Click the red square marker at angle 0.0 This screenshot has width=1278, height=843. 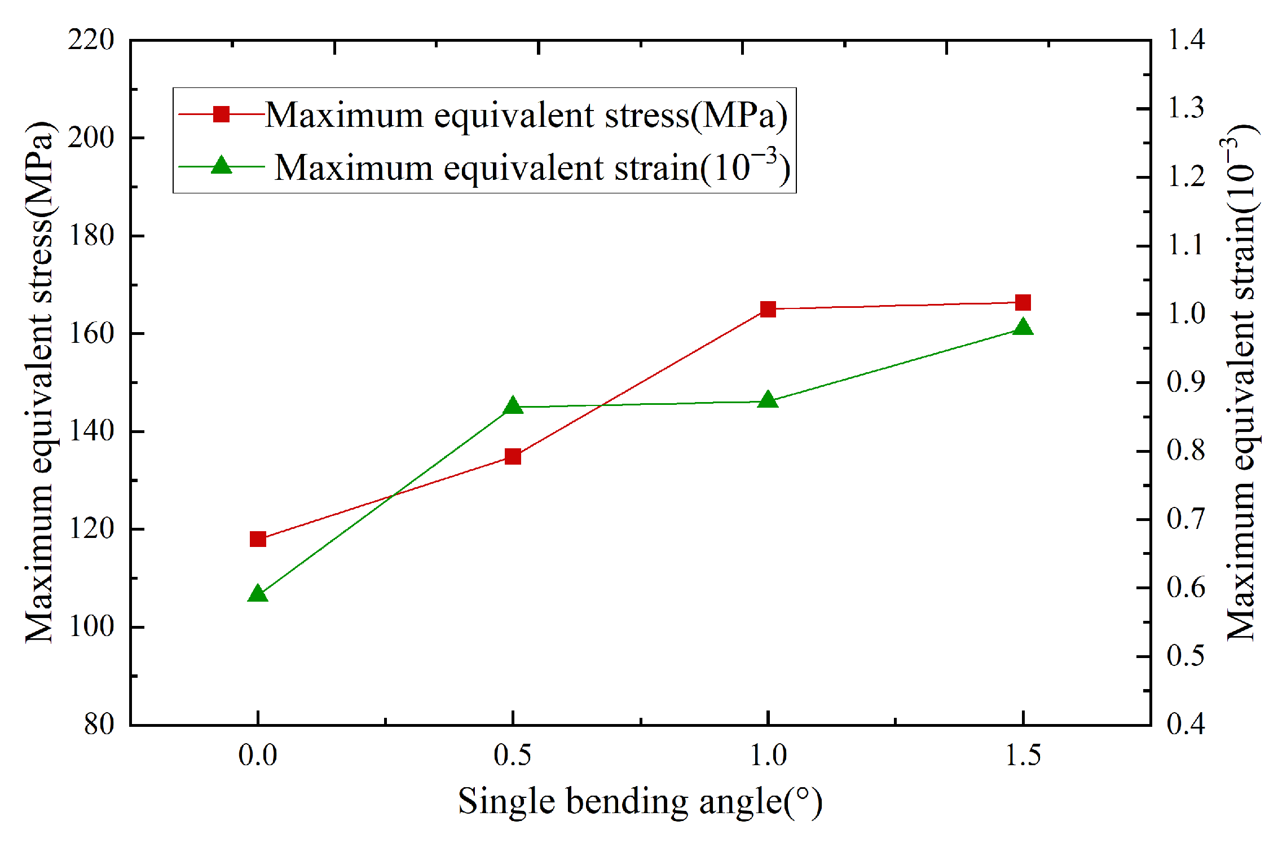(258, 539)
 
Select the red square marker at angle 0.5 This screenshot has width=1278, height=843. (513, 456)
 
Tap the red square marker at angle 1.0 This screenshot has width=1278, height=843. (768, 309)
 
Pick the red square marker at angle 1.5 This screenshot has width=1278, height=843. (1023, 303)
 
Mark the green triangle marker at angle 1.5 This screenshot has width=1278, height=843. (1023, 328)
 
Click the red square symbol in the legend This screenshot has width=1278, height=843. (222, 114)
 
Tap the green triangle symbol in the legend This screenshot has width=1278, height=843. (222, 166)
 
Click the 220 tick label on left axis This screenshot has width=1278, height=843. (91, 40)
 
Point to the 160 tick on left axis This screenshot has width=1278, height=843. (91, 334)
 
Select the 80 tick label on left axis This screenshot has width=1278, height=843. (99, 724)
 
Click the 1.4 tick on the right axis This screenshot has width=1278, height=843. (1186, 40)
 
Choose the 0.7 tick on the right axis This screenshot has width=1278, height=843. (1186, 519)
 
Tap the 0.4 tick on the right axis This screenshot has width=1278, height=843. (1186, 724)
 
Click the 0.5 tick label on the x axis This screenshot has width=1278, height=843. (512, 756)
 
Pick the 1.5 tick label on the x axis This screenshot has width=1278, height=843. (1023, 756)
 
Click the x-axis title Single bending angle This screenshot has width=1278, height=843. (640, 802)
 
